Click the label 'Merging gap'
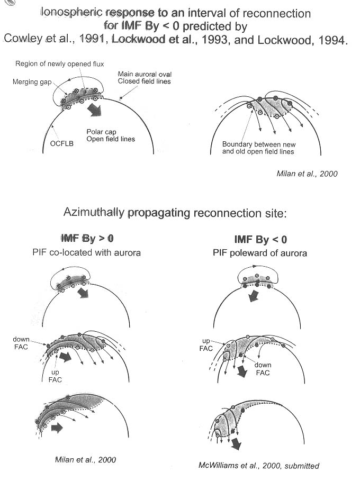coord(32,82)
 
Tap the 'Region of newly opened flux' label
coord(59,64)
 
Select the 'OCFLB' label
coord(62,143)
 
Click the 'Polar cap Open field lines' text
coord(111,135)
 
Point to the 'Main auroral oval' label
coord(145,74)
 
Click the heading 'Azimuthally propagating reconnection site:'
coord(175,213)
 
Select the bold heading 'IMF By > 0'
coord(87,238)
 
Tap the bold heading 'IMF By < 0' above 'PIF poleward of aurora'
coord(260,239)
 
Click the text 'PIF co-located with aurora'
coord(86,252)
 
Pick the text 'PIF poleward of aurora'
coord(259,253)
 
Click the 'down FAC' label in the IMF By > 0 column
coord(21,343)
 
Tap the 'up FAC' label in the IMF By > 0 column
coord(55,376)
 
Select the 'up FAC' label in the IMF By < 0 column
coord(206,344)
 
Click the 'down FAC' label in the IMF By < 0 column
coord(263,369)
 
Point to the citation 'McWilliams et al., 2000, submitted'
coord(259,466)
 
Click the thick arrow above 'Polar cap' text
coord(95,110)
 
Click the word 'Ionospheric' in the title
coord(72,13)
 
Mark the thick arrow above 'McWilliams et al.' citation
coord(236,443)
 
